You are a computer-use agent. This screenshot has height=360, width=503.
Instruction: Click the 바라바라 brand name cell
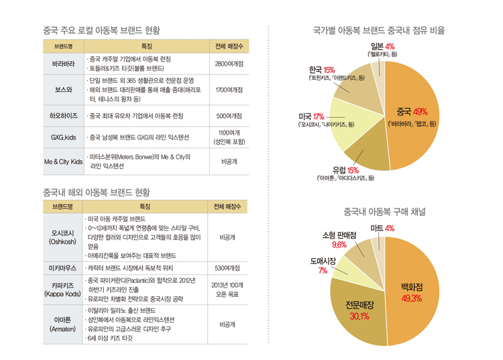click(64, 64)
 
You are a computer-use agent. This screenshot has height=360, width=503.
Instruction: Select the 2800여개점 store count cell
click(229, 64)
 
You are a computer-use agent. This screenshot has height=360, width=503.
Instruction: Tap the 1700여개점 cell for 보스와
click(229, 90)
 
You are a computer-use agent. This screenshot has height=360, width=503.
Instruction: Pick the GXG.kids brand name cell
click(64, 137)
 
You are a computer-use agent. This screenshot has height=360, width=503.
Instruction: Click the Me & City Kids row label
click(64, 162)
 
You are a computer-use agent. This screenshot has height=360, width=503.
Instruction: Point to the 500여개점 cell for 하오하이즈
click(229, 116)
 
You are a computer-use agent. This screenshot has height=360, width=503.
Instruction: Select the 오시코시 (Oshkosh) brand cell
click(62, 237)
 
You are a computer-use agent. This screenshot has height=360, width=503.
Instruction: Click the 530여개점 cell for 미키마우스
click(227, 268)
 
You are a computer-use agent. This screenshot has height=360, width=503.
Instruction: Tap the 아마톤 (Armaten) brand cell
click(62, 324)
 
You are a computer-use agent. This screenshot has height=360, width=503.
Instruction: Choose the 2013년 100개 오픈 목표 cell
click(227, 290)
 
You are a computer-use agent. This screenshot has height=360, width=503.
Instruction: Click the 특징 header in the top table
click(147, 46)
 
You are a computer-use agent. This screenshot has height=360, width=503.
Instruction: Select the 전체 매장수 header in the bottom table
click(227, 206)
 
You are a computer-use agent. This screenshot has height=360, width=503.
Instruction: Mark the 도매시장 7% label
click(323, 265)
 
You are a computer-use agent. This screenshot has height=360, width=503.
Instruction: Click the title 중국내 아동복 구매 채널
click(385, 212)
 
